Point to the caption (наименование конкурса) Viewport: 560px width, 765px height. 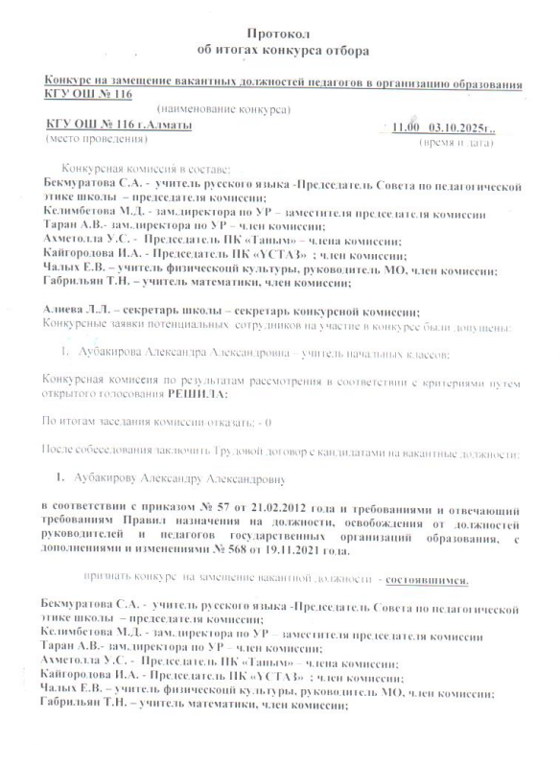coord(223,110)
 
